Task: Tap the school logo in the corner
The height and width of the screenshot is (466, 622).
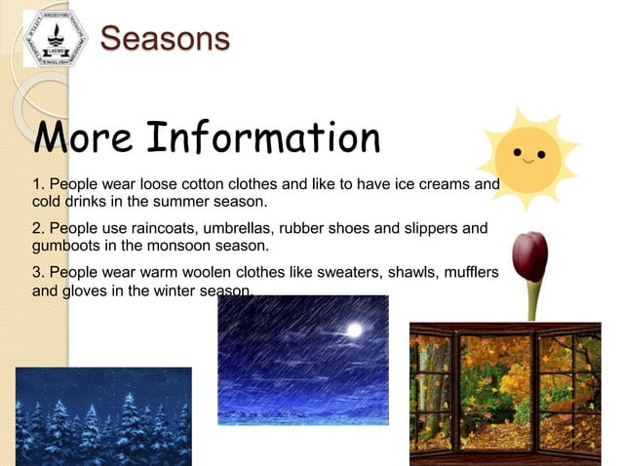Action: point(56,39)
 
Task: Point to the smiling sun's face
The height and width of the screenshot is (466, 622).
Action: point(527,156)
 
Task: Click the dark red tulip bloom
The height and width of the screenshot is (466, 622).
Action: point(530,255)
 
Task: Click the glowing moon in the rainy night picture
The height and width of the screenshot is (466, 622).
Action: point(354,330)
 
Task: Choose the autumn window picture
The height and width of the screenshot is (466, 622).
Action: point(504,394)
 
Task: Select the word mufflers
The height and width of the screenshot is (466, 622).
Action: point(469,272)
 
